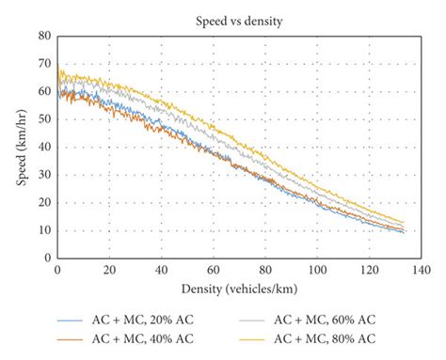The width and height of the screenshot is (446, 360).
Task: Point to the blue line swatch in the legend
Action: (x=69, y=320)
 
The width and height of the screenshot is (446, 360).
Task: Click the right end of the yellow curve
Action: (x=404, y=223)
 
